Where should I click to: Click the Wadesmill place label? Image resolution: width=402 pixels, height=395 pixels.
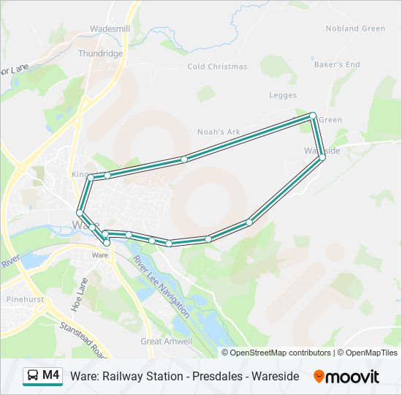tap(110, 29)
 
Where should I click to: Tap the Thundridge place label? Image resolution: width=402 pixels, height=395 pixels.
tap(100, 53)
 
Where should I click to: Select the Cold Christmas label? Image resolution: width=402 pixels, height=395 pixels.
tap(217, 67)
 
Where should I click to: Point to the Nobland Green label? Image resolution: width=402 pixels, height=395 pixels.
tap(355, 29)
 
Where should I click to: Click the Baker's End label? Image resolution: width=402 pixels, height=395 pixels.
tap(337, 64)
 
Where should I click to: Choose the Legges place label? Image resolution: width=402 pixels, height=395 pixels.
tap(282, 95)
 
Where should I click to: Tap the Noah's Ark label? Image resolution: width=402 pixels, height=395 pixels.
tap(219, 132)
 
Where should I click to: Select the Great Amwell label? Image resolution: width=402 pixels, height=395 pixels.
tap(167, 341)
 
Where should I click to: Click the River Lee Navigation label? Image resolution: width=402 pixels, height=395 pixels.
tap(162, 282)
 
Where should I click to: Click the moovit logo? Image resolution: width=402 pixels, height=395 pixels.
tap(346, 377)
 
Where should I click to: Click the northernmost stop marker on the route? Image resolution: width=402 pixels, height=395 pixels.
tap(313, 116)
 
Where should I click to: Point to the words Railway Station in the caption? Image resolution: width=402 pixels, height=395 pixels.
tap(138, 376)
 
